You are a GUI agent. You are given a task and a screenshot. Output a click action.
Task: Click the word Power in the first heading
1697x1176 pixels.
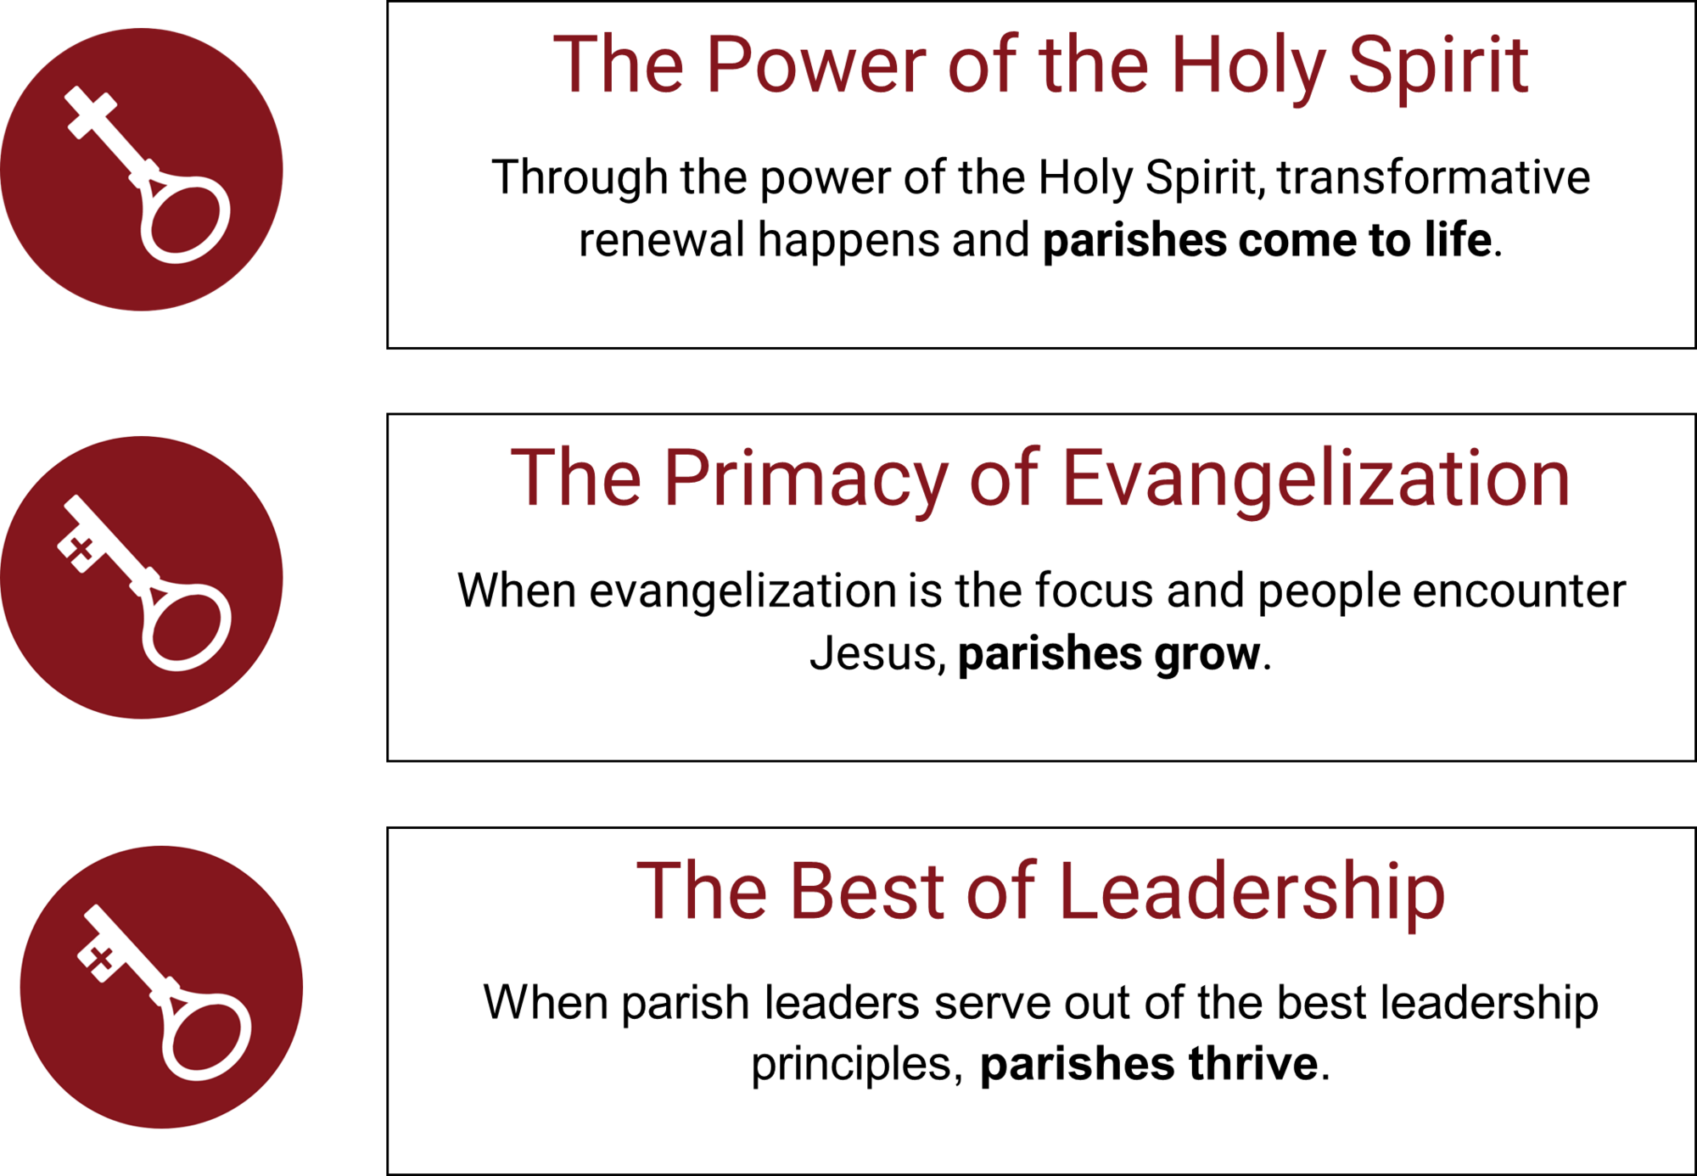click(x=816, y=64)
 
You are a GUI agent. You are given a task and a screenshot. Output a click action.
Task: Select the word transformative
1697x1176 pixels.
click(x=1434, y=177)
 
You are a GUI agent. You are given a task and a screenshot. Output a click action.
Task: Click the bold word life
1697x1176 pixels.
click(x=1458, y=239)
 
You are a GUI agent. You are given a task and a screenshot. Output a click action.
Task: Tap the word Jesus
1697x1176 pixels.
click(x=872, y=653)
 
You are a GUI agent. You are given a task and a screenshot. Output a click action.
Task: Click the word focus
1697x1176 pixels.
click(x=1094, y=591)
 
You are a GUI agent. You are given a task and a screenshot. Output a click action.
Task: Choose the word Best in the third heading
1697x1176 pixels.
click(x=867, y=891)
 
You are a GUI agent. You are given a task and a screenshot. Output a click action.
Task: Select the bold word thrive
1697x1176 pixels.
click(x=1253, y=1063)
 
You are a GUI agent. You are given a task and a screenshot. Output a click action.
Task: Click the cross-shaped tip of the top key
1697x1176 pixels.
click(x=91, y=112)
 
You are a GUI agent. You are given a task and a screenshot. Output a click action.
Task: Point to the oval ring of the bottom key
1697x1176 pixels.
click(x=207, y=1037)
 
